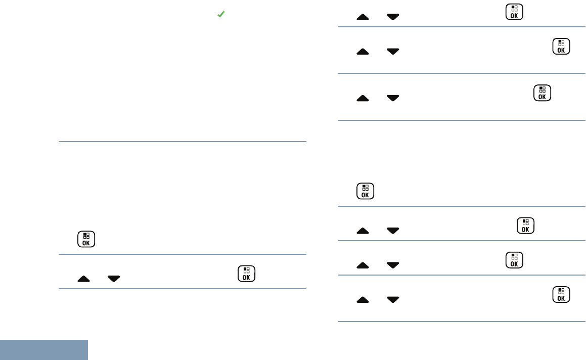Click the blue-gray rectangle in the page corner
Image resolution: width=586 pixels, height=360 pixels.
[x=44, y=350]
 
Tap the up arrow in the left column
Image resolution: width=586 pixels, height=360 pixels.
[x=85, y=278]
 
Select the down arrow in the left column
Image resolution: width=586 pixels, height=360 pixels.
[x=114, y=278]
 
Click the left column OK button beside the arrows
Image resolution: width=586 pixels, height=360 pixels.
[x=246, y=274]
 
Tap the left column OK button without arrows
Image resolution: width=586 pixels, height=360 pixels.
[x=86, y=239]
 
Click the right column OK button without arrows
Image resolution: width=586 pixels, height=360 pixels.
[x=365, y=191]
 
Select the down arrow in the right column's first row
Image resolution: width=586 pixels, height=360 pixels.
[x=392, y=17]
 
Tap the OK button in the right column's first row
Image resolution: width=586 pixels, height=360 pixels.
[x=514, y=12]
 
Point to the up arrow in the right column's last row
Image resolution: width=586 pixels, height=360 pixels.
[x=363, y=300]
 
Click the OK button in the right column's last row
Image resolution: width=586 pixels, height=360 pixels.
[x=560, y=295]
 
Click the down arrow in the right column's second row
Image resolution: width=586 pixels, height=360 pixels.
[x=392, y=51]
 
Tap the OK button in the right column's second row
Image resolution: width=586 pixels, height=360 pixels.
[x=560, y=47]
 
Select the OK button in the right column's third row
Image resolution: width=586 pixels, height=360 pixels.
[x=542, y=94]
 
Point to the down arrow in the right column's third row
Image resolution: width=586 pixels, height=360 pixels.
[x=392, y=98]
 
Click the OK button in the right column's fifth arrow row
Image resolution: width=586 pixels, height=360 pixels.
[x=514, y=260]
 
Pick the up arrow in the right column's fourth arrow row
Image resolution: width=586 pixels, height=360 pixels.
[x=363, y=231]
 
